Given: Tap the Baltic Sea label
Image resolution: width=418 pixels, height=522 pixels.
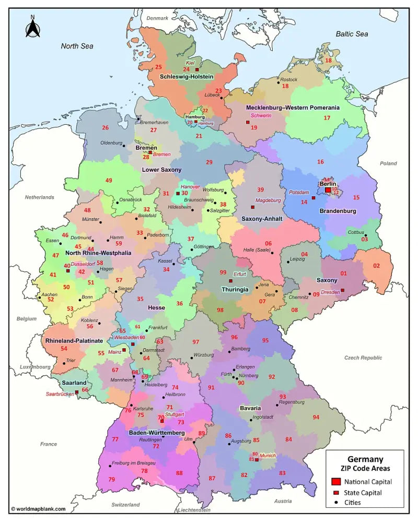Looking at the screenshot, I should (352, 34).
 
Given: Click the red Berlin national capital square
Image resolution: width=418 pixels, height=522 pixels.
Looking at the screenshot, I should (328, 190).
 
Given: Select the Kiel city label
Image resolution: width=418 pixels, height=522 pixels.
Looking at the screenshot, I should (190, 63).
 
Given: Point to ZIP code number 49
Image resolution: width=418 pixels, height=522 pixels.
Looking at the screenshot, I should (109, 181).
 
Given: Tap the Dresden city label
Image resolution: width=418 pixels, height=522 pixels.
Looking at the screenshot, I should (330, 292).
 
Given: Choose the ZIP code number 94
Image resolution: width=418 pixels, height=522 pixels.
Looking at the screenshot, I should (316, 417).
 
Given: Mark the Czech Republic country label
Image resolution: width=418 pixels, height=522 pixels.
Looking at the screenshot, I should (363, 358).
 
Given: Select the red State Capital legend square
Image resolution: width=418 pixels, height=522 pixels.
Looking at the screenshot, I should (336, 492).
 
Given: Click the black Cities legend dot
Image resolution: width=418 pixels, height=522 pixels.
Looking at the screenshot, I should (336, 503).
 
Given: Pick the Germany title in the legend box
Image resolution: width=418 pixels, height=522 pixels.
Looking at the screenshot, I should (365, 459).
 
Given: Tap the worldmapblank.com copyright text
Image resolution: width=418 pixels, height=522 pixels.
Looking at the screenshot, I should (38, 508).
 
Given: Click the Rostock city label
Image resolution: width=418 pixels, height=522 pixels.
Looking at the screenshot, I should (288, 80).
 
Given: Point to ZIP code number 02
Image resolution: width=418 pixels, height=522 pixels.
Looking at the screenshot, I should (376, 266).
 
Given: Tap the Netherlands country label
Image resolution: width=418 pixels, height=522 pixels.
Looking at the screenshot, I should (39, 197).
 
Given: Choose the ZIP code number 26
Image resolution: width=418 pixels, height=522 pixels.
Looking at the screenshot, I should (105, 128).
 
